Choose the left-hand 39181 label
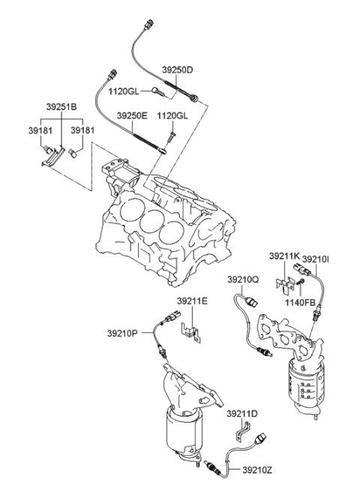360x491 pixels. coord(40,130)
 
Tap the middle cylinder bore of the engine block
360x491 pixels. coord(154,223)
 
